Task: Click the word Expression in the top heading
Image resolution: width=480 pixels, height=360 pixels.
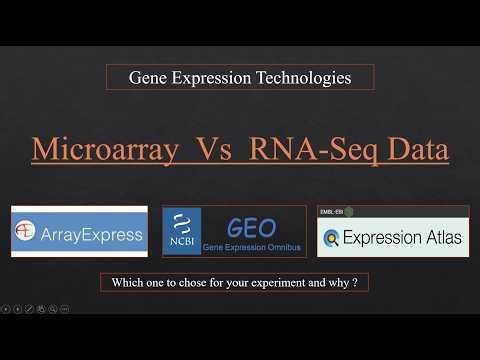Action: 213,77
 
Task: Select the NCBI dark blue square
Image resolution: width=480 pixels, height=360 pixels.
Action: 181,232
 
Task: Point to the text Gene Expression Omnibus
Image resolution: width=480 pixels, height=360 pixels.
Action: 253,246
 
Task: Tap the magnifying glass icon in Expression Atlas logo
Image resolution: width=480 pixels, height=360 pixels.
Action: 332,239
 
